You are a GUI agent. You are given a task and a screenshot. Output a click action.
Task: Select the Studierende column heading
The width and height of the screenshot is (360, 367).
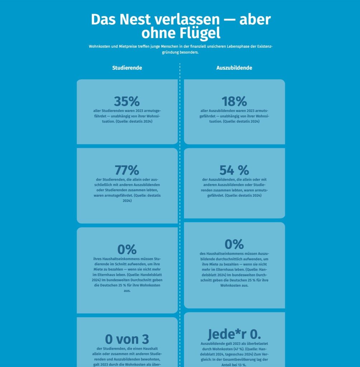(127, 68)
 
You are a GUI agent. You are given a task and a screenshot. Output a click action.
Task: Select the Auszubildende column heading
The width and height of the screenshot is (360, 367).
(234, 68)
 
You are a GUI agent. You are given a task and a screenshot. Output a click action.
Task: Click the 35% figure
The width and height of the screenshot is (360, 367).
(127, 101)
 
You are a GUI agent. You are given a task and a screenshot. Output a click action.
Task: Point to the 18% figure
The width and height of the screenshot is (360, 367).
(234, 101)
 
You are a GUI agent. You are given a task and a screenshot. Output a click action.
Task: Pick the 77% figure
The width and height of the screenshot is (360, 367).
(127, 170)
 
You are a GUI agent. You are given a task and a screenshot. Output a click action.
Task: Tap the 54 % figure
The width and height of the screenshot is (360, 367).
(234, 170)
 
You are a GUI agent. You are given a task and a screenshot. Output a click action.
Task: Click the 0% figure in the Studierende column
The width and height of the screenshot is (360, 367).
(127, 249)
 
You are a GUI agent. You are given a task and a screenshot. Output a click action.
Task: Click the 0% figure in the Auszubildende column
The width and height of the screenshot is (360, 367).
(234, 244)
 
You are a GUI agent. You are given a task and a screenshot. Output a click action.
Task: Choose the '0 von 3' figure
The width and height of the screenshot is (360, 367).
(127, 339)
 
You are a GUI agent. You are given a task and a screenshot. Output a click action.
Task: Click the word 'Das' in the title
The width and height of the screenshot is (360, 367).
(103, 19)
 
